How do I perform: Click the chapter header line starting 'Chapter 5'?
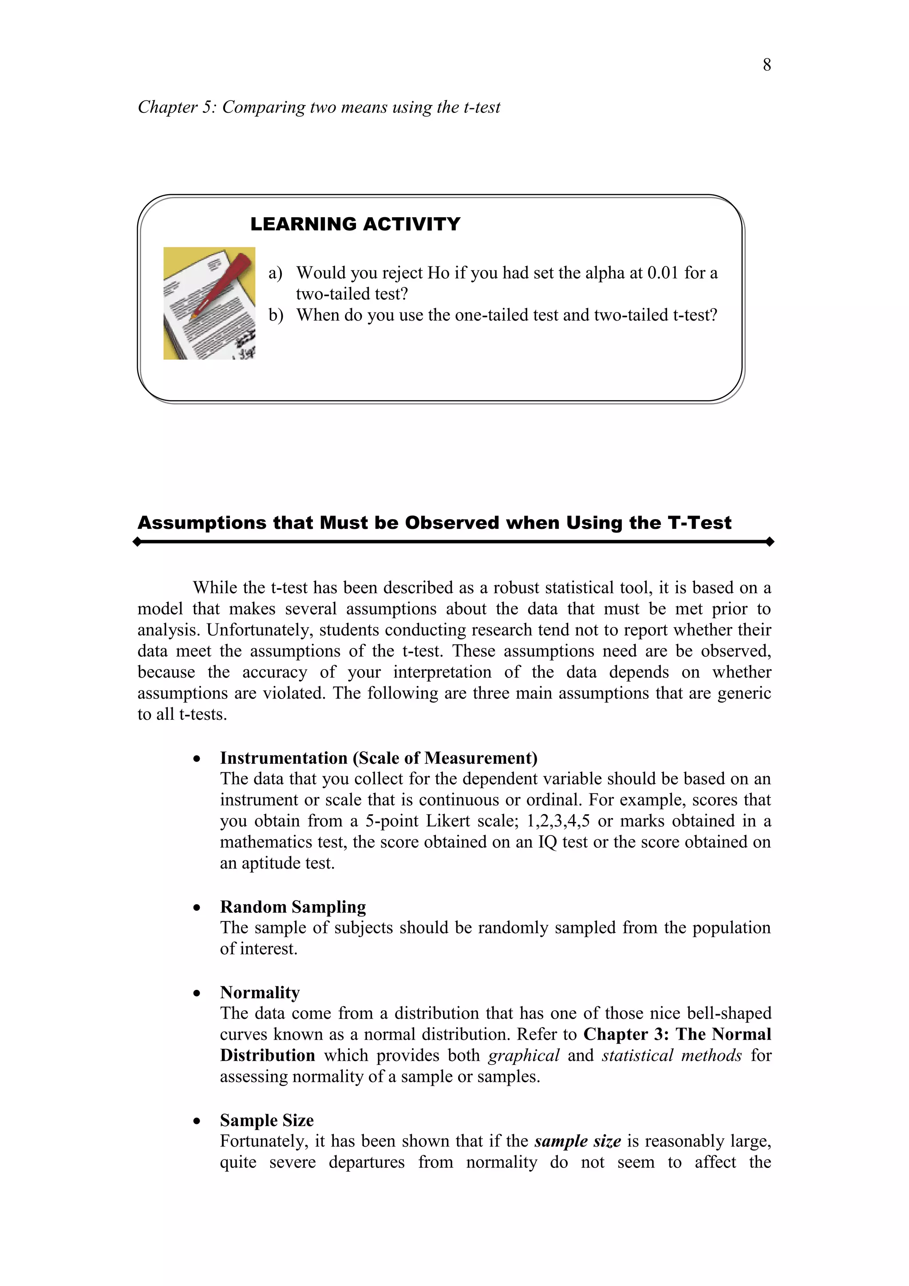point(319,107)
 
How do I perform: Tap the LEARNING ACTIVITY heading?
point(355,224)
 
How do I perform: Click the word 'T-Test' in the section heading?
point(699,523)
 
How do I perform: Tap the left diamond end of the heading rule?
point(137,542)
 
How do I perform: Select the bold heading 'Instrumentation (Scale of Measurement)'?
point(378,758)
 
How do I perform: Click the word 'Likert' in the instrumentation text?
point(448,821)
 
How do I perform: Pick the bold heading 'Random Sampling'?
point(293,907)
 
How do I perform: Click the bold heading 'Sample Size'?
point(266,1120)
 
